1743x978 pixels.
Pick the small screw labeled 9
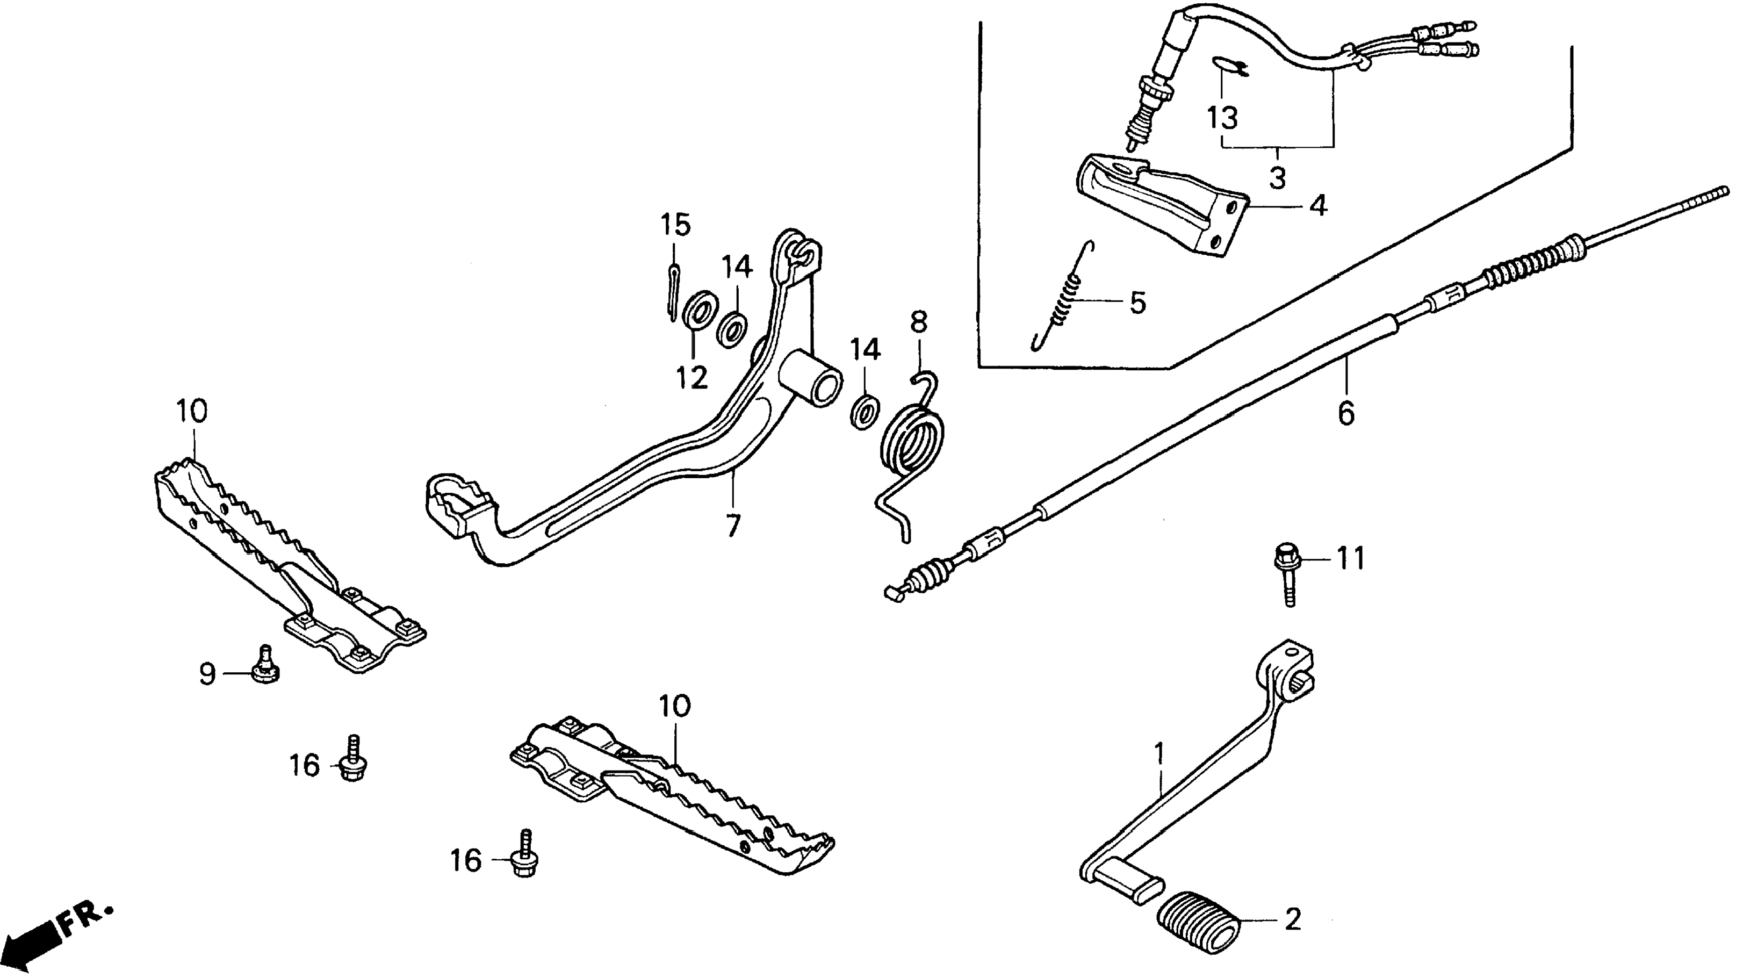264,667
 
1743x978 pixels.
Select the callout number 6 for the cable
1346,413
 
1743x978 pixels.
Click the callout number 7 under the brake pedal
733,524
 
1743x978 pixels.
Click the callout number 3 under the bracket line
1277,178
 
